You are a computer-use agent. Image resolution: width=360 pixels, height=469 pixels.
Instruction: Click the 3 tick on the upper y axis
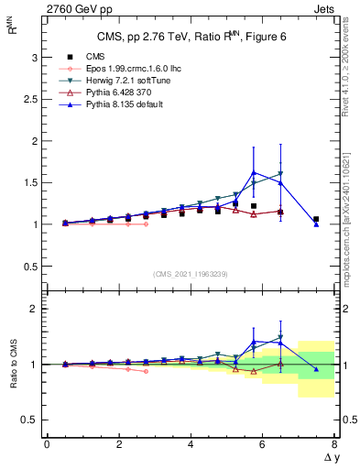34,57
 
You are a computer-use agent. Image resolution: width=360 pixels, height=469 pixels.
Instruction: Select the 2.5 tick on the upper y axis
30,99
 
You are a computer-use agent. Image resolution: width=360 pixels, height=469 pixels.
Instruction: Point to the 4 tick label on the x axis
191,444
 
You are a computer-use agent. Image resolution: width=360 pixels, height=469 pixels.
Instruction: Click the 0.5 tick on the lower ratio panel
30,420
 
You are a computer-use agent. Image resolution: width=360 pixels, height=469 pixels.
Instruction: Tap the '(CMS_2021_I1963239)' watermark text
190,274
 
